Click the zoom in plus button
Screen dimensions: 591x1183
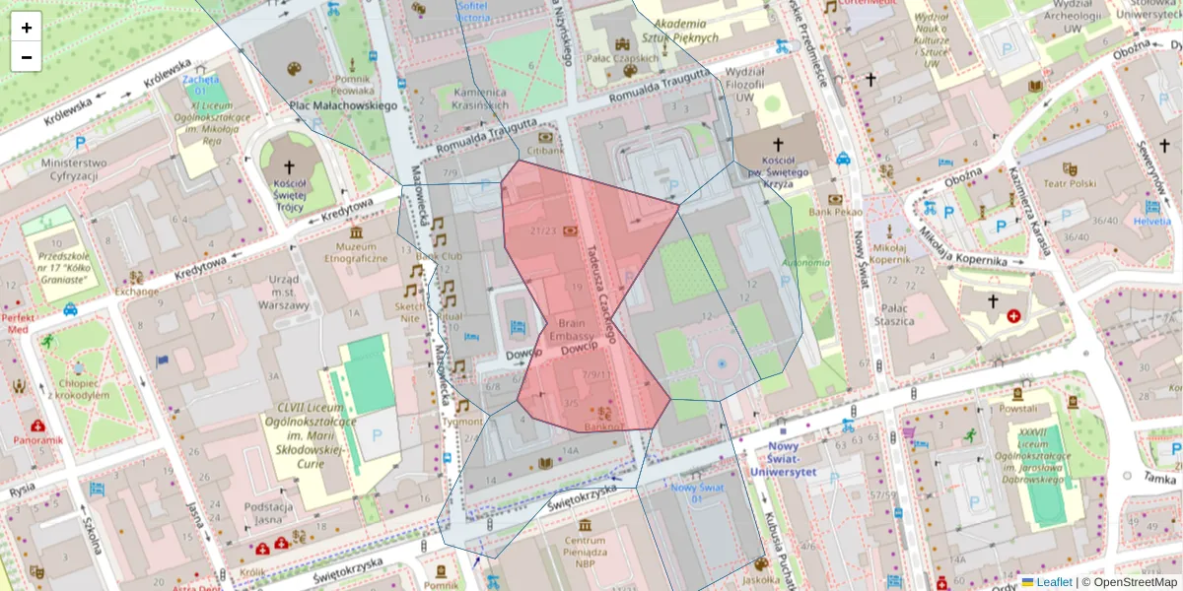(27, 28)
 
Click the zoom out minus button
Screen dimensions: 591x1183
(27, 57)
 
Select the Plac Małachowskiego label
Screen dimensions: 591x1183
(342, 105)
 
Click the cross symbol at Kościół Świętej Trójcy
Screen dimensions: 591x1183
(289, 167)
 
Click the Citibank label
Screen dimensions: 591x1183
(544, 151)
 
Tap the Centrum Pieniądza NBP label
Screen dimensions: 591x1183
(585, 547)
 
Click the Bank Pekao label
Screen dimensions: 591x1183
(835, 212)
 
